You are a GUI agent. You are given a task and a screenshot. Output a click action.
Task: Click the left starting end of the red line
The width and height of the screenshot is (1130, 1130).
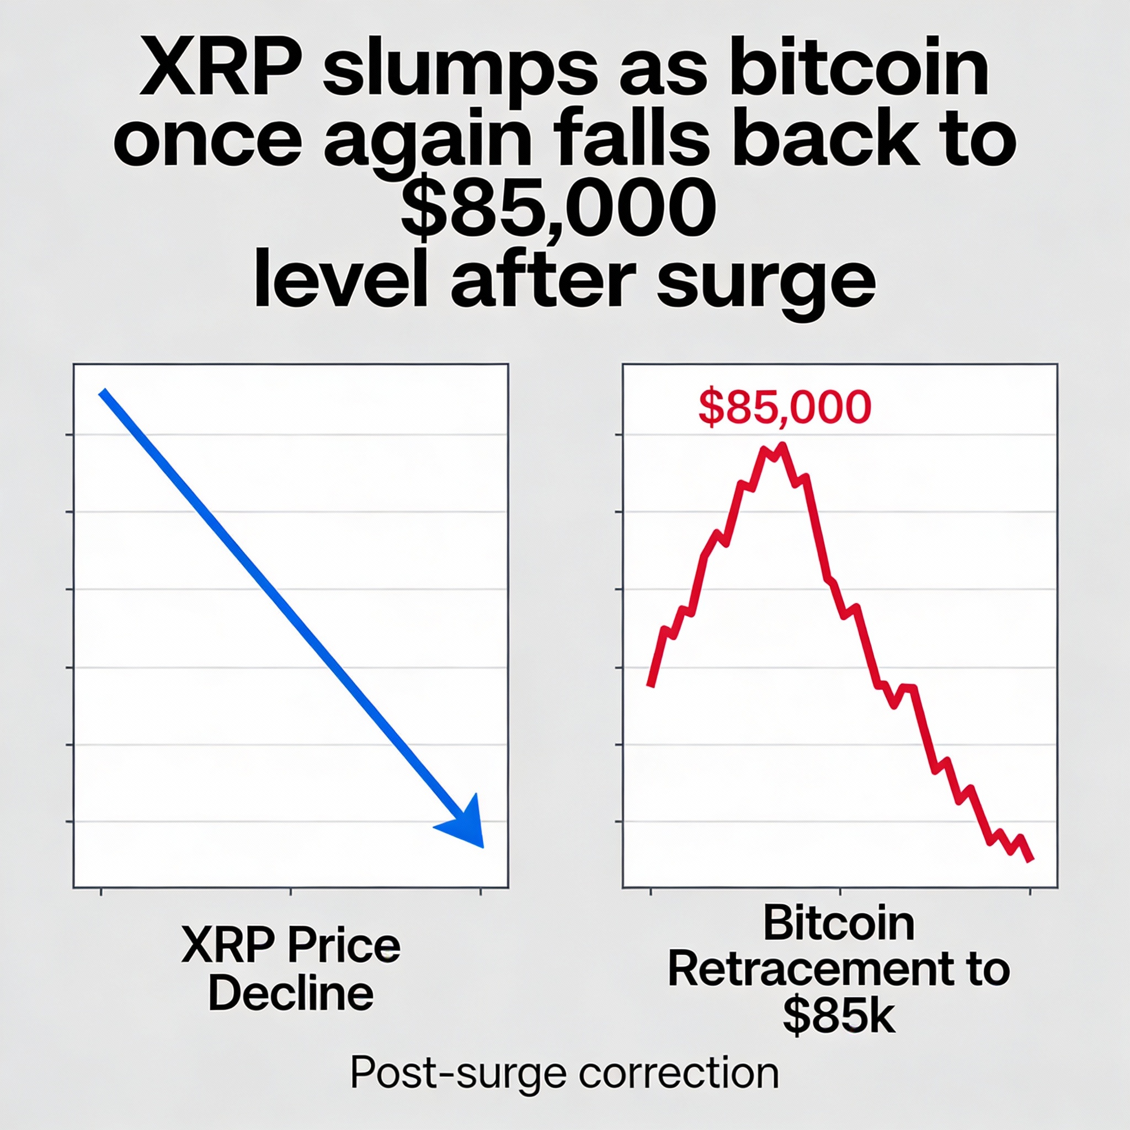coord(651,685)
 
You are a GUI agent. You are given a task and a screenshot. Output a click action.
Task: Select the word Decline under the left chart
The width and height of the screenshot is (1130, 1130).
coord(291,993)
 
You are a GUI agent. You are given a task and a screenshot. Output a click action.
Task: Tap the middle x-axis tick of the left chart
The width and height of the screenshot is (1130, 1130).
coord(291,892)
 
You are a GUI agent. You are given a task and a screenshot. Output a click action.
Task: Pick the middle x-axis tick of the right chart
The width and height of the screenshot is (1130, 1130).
coord(840,892)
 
